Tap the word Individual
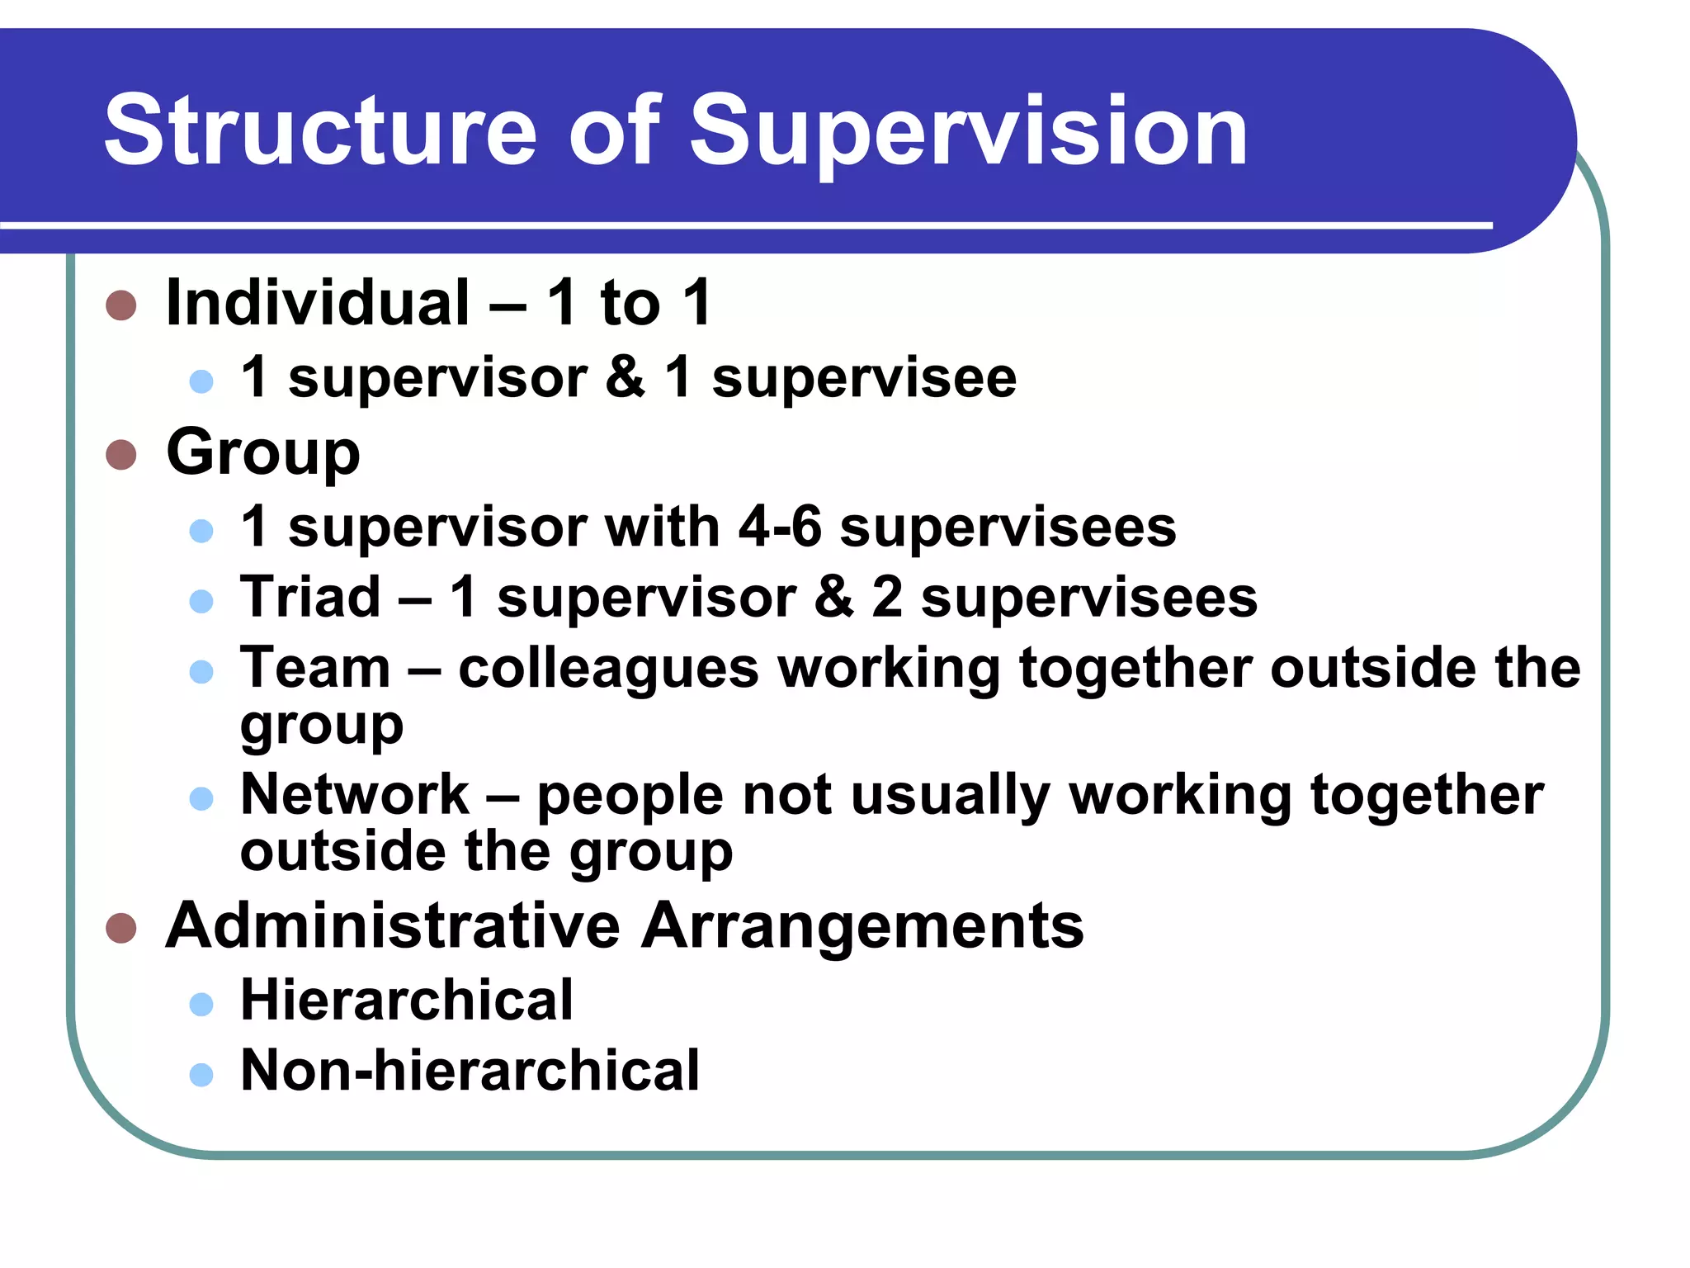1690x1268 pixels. tap(318, 303)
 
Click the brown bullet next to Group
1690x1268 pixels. tap(121, 454)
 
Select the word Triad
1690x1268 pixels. tap(310, 597)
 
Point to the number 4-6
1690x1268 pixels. tap(780, 527)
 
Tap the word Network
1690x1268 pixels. tap(355, 794)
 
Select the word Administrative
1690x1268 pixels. tap(393, 925)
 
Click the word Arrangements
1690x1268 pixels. tap(862, 925)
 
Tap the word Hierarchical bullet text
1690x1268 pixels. tap(407, 1001)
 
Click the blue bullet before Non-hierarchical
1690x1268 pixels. tap(201, 1074)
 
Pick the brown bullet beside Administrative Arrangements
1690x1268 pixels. tap(121, 928)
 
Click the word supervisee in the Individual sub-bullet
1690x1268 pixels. tap(864, 378)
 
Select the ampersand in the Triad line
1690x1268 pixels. tap(833, 597)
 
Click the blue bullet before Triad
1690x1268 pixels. tap(201, 600)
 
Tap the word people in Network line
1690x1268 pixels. tap(630, 796)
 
